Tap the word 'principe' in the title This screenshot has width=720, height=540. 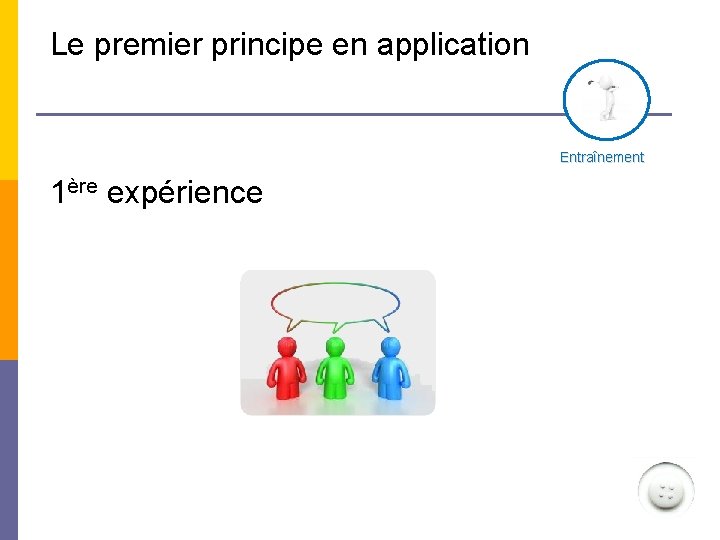[268, 45]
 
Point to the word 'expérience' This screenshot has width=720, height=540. [184, 192]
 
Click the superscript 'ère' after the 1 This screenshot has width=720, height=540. [83, 185]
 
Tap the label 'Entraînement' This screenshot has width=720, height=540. [602, 157]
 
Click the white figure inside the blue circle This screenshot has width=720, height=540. [605, 99]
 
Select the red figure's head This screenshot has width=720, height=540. [287, 347]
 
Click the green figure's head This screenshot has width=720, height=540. [336, 347]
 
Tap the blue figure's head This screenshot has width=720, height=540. [389, 347]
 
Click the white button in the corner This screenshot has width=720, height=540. [665, 491]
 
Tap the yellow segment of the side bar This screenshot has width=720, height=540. [8, 90]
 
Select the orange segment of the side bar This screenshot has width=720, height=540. [8, 270]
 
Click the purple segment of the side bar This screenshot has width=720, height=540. [8, 450]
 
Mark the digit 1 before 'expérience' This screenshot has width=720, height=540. [59, 192]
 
